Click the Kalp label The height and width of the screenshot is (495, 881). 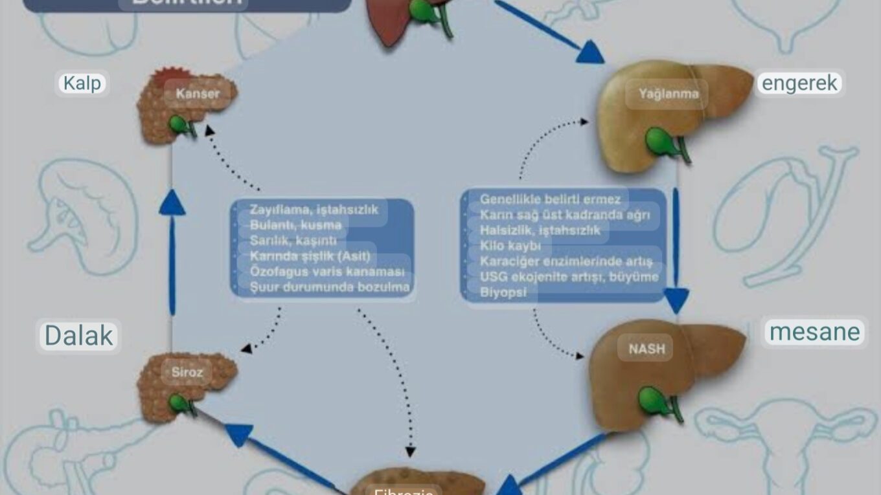click(82, 83)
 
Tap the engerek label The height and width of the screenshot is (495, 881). click(799, 83)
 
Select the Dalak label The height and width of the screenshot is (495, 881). click(78, 336)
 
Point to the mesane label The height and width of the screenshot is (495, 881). click(814, 332)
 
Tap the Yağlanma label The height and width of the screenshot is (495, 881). click(668, 94)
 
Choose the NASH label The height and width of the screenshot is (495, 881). click(646, 349)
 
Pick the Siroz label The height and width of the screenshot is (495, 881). click(187, 372)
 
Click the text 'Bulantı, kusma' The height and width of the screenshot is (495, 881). click(295, 225)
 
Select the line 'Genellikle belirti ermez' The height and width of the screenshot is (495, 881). click(549, 199)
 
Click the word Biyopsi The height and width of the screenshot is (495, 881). click(499, 292)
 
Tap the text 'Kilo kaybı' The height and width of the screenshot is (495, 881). click(510, 246)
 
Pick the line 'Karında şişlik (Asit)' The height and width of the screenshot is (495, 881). click(310, 256)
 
